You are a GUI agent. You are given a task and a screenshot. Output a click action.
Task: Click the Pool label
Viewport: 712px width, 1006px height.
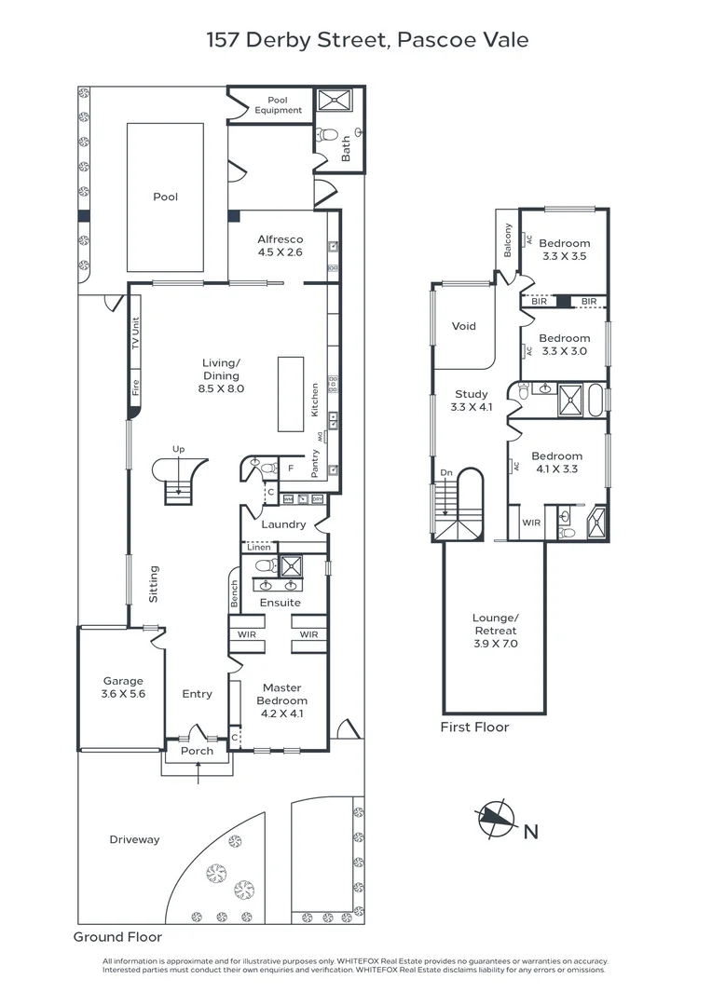pos(165,197)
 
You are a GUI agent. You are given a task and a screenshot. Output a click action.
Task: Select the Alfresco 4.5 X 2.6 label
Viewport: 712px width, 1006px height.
pos(281,245)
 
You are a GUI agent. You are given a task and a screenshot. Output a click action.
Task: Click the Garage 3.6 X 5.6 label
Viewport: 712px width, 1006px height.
pos(123,687)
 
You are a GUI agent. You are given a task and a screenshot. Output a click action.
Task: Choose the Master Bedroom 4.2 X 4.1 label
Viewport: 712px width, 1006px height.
pos(281,700)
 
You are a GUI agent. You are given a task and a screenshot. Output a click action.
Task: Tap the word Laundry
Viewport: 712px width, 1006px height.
pos(283,524)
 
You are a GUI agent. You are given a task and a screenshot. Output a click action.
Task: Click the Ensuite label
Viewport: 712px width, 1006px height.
pos(280,603)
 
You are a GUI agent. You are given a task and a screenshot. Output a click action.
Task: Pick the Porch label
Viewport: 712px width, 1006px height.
pos(197,751)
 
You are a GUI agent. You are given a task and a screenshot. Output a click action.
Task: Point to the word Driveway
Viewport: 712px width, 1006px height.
pos(134,839)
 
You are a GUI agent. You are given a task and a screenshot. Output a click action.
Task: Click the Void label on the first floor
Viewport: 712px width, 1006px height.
pos(463,326)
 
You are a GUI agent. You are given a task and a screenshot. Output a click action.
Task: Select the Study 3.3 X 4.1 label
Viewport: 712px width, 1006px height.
pos(470,401)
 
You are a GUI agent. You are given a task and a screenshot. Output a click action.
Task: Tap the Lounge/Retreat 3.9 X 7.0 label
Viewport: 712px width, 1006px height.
pos(495,631)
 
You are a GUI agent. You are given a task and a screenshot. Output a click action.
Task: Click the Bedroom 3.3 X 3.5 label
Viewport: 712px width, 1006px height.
pos(564,250)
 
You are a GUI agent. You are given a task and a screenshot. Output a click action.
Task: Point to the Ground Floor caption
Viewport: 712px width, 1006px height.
pos(117,937)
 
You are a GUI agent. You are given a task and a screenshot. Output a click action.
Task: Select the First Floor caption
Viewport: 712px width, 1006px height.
pos(474,727)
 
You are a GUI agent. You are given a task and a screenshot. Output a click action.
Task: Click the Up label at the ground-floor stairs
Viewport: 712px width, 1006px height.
pos(178,450)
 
